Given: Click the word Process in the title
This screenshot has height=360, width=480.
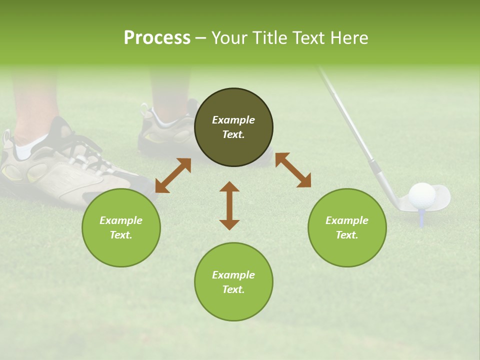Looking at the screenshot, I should [157, 38].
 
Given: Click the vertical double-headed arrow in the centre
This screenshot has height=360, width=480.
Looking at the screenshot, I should [229, 205].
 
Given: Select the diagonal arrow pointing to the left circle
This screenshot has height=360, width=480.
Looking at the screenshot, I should [173, 175].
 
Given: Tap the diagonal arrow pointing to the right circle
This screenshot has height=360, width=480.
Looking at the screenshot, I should [293, 170].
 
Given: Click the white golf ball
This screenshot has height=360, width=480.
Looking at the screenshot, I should [421, 195].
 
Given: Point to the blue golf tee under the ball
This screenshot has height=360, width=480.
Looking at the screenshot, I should [422, 217].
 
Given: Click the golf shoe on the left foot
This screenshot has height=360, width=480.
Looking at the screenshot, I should [65, 170].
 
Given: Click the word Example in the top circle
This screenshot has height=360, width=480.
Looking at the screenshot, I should [233, 120].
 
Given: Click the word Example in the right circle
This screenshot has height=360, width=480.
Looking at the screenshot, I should [347, 220].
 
